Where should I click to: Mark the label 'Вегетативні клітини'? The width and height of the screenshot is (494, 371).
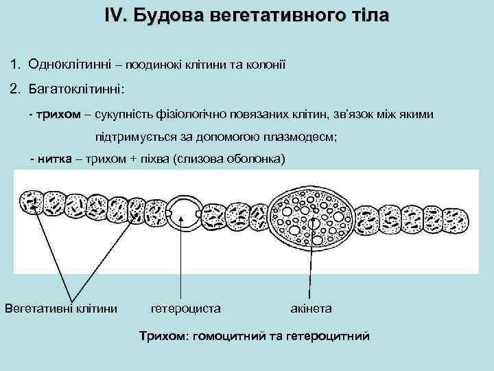[x=61, y=308]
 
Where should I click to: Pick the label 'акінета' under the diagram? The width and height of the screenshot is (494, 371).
[x=311, y=308]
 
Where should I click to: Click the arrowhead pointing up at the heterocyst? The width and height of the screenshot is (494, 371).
[x=182, y=220]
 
